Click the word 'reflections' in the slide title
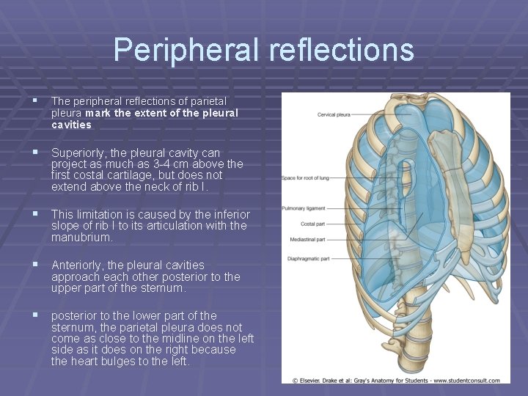coord(341,50)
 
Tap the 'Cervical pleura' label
coord(333,115)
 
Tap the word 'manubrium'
coord(81,238)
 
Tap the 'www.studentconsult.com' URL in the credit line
coord(466,380)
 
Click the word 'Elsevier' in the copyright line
coord(311,380)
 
